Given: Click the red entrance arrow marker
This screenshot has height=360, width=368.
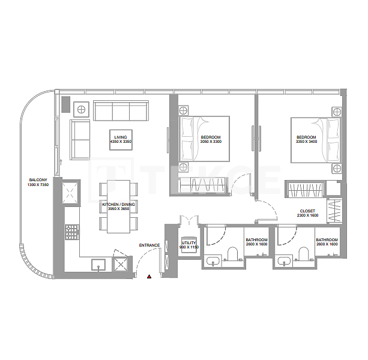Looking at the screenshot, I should coord(149,276).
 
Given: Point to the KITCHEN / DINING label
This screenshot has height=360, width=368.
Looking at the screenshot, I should coord(118,205).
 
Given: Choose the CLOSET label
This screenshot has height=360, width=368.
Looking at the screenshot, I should coord(309,211).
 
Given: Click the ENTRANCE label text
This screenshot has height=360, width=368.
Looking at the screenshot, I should coord(149,245).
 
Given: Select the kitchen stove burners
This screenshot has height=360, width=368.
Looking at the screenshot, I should coord(73,230).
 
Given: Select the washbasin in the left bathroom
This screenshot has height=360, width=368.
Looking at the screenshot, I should coord(211,262).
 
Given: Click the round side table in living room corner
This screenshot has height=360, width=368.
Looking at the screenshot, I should coord(80,109).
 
